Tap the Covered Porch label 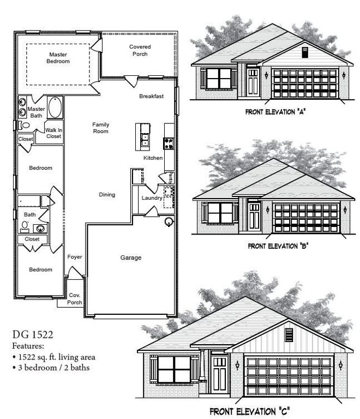click(140, 50)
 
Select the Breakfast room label click(151, 97)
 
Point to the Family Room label click(101, 128)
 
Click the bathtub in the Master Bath click(56, 107)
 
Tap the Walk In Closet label click(53, 133)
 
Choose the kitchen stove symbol click(169, 144)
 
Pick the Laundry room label click(152, 198)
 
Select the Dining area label click(107, 195)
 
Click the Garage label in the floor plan click(131, 258)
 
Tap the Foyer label click(75, 256)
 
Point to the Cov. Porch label click(75, 298)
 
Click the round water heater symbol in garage click(169, 222)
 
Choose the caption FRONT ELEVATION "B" click(278, 246)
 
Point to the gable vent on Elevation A click(305, 52)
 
